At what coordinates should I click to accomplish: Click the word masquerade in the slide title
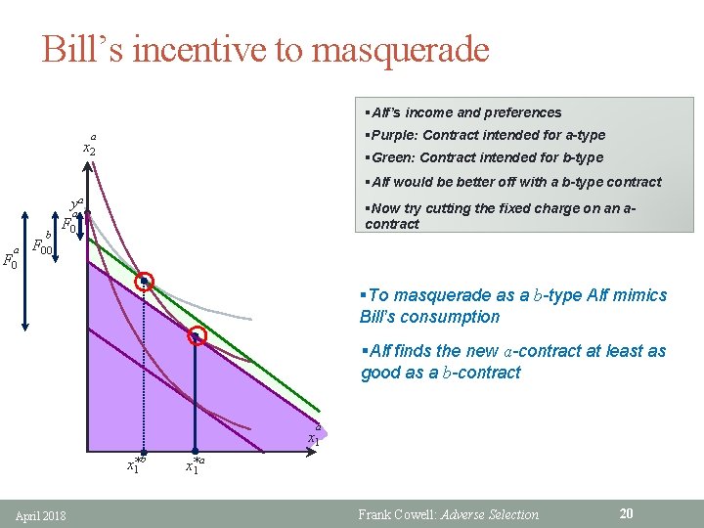tap(400, 49)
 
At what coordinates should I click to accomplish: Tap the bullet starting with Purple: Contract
tap(483, 135)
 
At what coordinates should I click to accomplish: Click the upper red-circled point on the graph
tap(144, 282)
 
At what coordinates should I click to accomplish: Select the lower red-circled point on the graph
tap(197, 336)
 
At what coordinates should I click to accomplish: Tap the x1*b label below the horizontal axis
tap(136, 465)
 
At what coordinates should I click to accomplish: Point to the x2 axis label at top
tap(88, 147)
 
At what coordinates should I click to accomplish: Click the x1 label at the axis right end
tap(314, 436)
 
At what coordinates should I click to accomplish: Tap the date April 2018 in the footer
tap(42, 514)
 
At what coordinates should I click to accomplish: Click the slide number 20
tap(627, 513)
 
